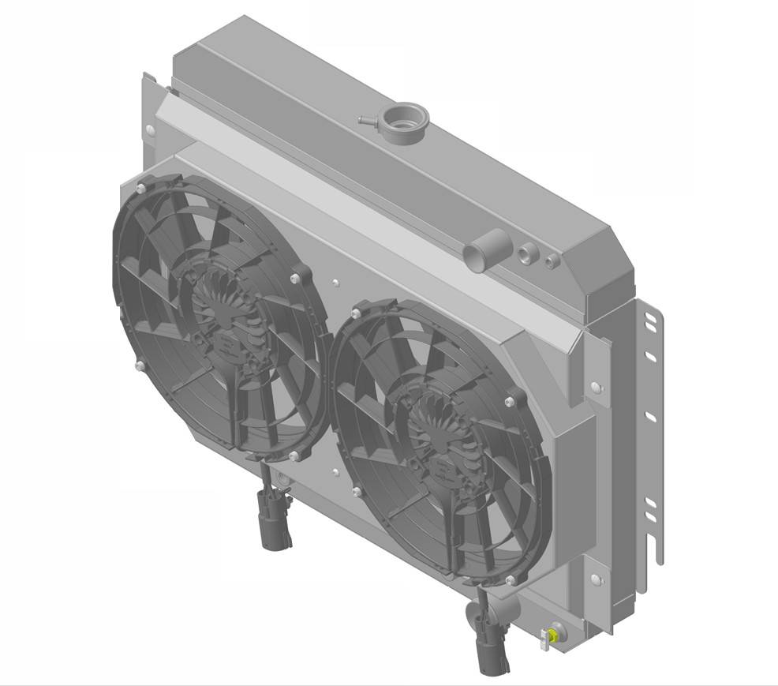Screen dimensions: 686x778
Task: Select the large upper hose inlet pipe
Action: point(476,256)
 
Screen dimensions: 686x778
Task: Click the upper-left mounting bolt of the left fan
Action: point(140,187)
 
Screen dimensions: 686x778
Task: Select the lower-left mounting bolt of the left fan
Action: point(140,365)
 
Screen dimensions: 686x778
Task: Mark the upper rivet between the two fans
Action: point(335,281)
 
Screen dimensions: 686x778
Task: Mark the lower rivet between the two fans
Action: point(335,473)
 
